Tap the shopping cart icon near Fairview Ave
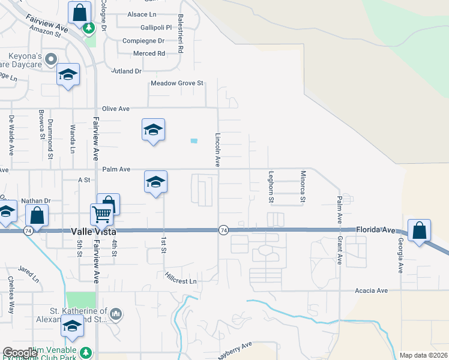101,214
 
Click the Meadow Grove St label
178,83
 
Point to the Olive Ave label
116,109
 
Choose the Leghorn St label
271,187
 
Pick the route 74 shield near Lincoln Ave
223,230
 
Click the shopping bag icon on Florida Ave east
419,230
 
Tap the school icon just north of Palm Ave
153,129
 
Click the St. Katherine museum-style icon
116,313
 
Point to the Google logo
20,353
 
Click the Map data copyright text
423,355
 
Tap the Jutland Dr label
125,71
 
